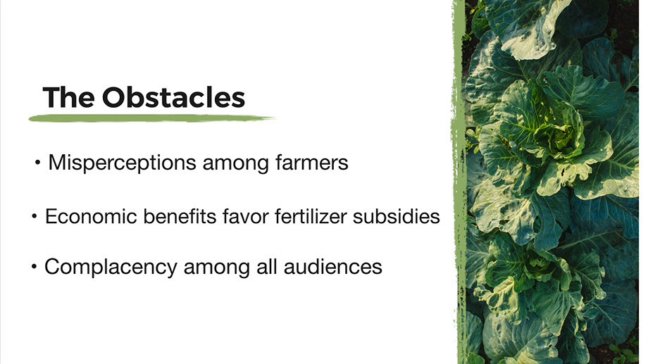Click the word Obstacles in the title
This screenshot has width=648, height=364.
[x=173, y=97]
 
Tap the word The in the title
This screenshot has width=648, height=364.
[x=68, y=97]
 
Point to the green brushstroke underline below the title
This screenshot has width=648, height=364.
[x=151, y=118]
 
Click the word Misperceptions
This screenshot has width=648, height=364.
[x=122, y=163]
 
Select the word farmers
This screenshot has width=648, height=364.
[x=312, y=162]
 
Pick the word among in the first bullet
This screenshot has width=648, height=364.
[x=236, y=163]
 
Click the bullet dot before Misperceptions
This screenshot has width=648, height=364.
[x=37, y=163]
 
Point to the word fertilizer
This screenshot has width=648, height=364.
[x=311, y=217]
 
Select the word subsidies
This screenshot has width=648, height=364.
[x=397, y=217]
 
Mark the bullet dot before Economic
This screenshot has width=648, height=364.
[x=35, y=216]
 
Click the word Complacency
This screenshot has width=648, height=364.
[x=111, y=268]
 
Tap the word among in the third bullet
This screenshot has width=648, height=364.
[x=217, y=268]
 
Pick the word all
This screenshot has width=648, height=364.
[x=266, y=267]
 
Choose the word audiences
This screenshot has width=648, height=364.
[x=333, y=267]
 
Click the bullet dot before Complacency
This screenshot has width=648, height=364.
[x=34, y=267]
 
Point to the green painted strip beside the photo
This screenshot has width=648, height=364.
[x=459, y=182]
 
